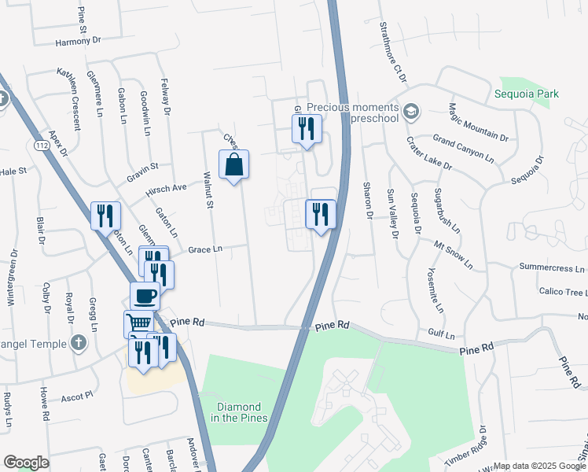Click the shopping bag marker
click(233, 165)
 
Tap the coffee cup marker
click(145, 297)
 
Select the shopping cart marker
click(138, 323)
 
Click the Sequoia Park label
click(527, 94)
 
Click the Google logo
click(26, 463)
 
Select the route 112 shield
click(42, 146)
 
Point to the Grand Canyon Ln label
click(463, 147)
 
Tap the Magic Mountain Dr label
click(478, 122)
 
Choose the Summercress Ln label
click(552, 268)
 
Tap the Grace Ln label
click(206, 249)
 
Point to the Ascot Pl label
click(78, 394)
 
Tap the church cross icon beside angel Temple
click(77, 342)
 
